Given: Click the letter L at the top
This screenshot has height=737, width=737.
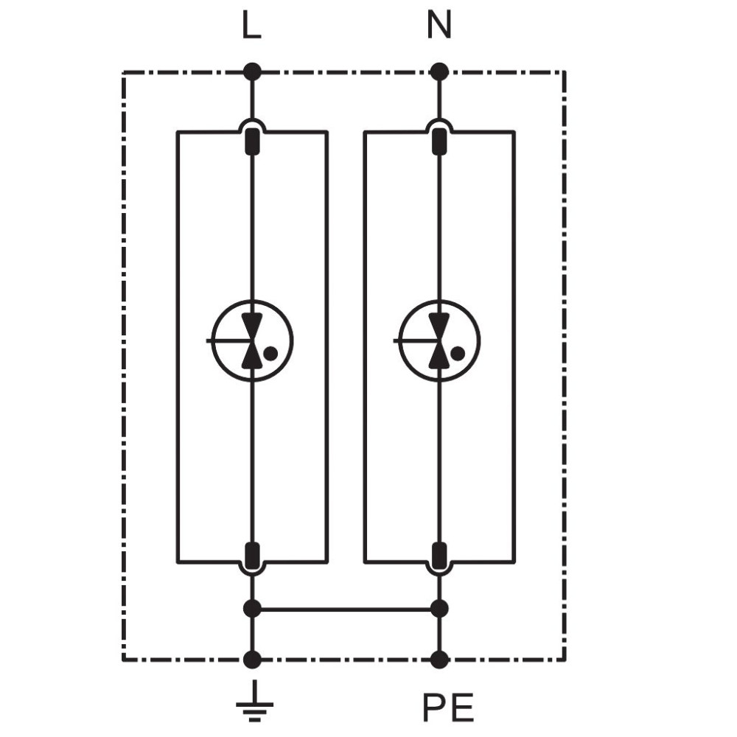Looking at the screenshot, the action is [251, 25].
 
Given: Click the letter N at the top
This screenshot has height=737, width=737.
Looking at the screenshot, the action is [439, 25].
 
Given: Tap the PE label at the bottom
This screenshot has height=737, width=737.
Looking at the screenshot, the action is [448, 708].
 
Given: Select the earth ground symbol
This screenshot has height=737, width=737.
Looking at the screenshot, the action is [254, 700].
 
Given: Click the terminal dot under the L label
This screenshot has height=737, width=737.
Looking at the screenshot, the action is [252, 72].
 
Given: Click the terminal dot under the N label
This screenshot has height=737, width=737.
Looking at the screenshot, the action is [439, 72].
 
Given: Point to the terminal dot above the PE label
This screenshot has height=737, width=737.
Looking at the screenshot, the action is [439, 660].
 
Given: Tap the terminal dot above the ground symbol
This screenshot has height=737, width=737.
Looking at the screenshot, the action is [252, 660].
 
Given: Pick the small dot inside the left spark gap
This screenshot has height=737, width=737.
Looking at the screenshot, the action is [270, 354].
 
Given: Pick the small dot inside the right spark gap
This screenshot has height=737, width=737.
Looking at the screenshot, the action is [458, 354].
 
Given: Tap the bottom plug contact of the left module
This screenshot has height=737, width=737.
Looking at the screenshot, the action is [252, 556].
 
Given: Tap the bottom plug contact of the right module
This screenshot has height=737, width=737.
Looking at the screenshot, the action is [439, 556].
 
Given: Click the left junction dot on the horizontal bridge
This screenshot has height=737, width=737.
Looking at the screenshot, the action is [252, 609].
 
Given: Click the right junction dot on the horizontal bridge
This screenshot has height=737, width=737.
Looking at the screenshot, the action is [439, 609].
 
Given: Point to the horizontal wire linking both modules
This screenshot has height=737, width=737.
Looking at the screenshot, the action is [346, 609].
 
